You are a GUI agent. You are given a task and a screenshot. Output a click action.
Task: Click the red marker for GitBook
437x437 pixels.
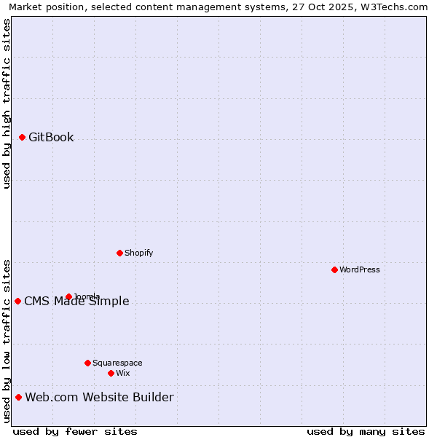point(22,137)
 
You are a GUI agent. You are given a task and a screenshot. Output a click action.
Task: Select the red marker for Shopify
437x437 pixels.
point(119,253)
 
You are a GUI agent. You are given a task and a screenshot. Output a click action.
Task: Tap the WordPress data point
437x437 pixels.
point(334,269)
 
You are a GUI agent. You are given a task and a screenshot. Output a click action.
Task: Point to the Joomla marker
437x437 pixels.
point(68,296)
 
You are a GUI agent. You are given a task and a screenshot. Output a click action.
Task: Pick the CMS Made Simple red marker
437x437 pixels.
point(17,301)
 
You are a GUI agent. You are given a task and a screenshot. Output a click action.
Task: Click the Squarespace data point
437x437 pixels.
point(87,363)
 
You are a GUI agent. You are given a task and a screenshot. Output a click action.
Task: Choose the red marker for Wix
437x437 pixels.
point(111,373)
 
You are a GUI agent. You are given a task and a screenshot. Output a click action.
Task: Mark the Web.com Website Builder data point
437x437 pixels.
point(18,397)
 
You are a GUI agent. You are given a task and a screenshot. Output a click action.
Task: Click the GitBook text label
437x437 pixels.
point(51,137)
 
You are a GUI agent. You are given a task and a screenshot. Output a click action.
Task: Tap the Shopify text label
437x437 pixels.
point(138,253)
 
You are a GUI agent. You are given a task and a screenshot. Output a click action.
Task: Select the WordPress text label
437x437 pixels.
point(360,269)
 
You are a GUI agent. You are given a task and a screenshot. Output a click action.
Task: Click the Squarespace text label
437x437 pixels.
point(117,363)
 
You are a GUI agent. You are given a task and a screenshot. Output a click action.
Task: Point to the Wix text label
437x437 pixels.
point(122,373)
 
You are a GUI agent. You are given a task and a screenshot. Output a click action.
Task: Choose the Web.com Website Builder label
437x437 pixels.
point(99,397)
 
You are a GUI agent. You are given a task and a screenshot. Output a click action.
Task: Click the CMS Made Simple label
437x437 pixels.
point(76,302)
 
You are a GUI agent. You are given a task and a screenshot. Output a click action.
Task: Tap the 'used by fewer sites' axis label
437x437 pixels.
point(75,431)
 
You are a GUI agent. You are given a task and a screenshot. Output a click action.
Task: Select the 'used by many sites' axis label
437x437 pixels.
point(366,431)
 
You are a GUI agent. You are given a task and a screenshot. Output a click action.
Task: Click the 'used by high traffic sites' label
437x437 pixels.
point(7,103)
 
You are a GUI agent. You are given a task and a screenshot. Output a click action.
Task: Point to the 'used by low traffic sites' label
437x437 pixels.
point(7,341)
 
